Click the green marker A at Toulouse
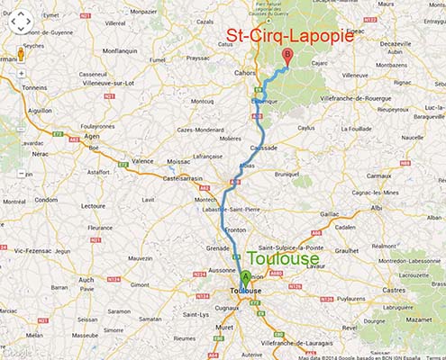pos(246,277)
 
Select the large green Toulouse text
pos(282,259)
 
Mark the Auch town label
pos(86,280)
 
